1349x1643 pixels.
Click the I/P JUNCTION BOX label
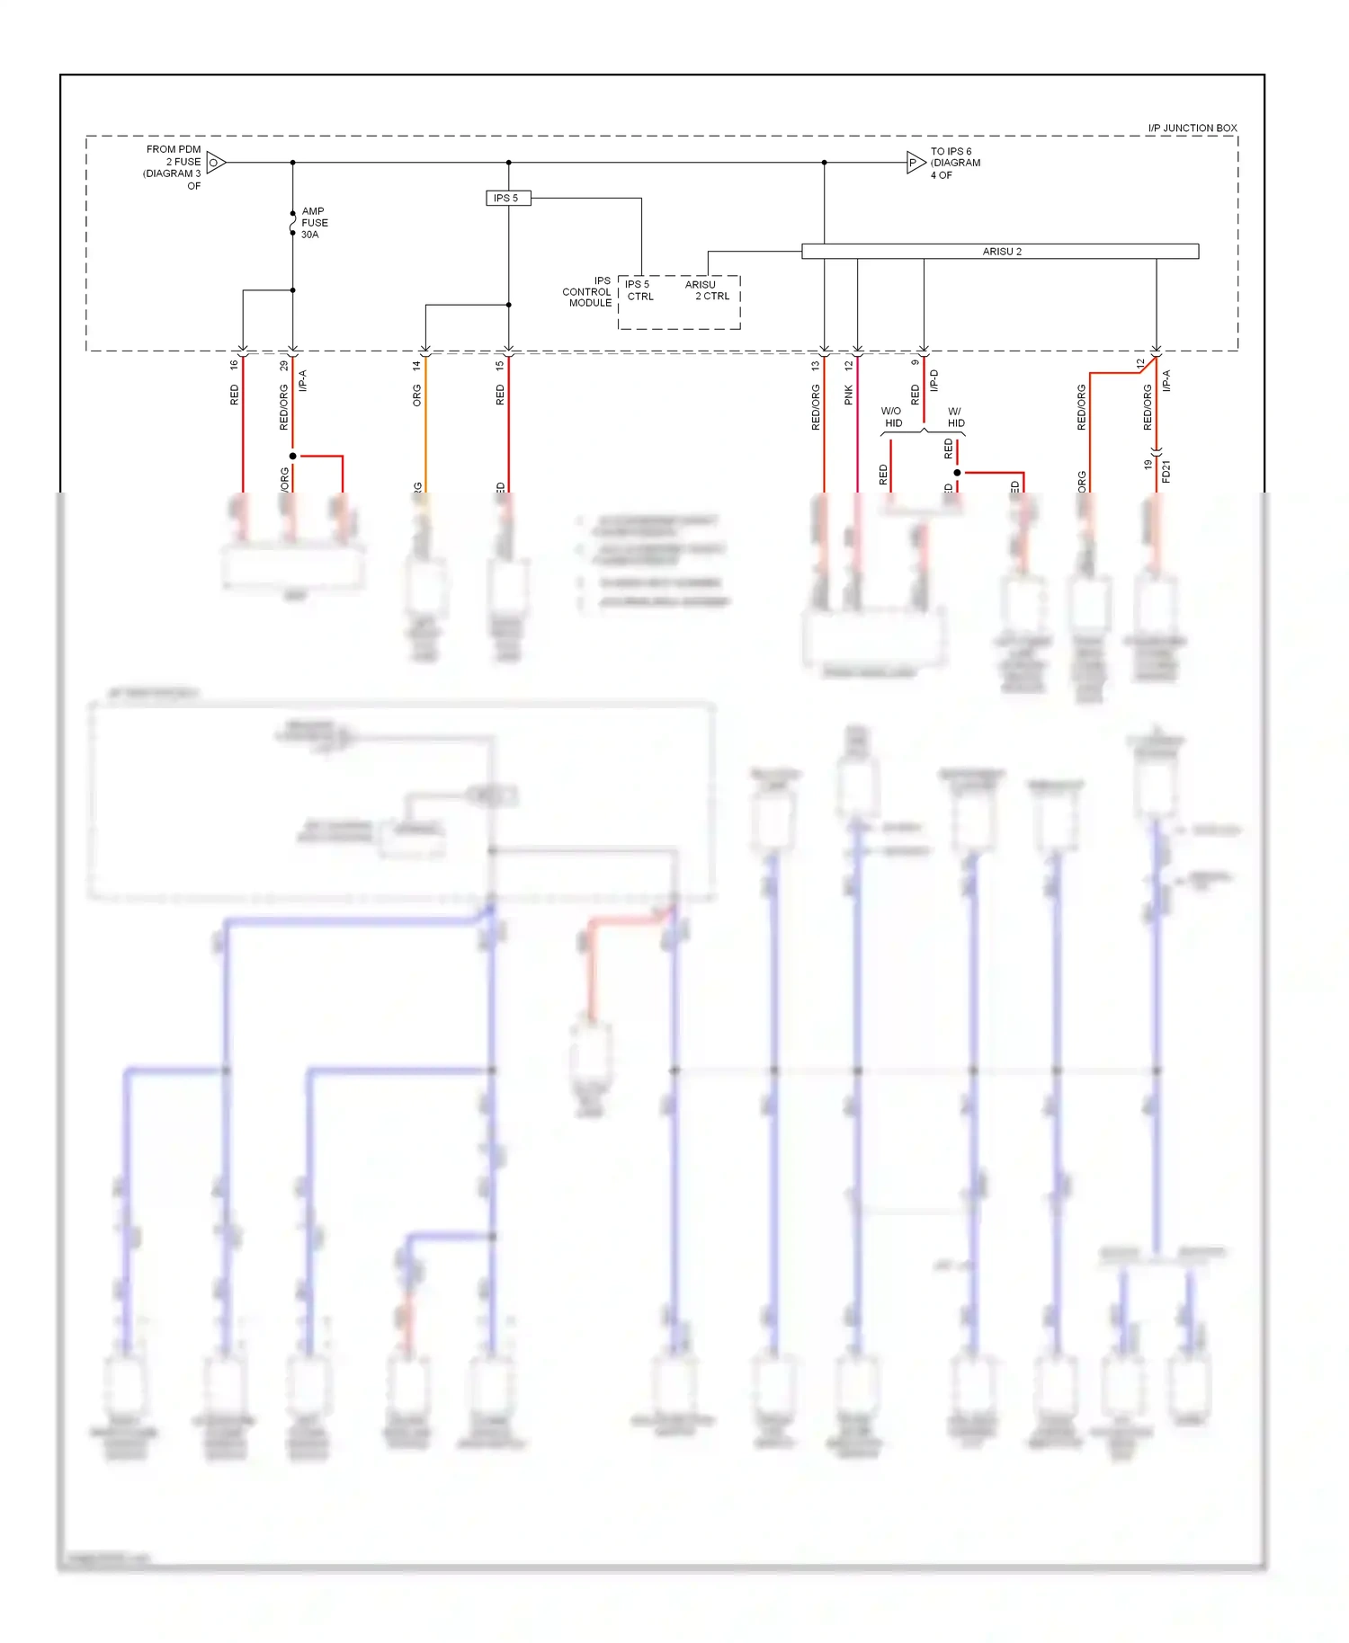click(1192, 128)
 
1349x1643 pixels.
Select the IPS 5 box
click(507, 198)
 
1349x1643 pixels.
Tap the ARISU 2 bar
click(1000, 252)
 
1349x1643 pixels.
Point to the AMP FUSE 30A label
click(314, 223)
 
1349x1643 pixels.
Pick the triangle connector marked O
click(215, 163)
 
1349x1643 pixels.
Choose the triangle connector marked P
click(915, 163)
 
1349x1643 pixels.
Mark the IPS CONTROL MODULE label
click(588, 292)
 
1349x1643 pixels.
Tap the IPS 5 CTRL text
click(639, 290)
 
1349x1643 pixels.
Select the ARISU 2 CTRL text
click(708, 290)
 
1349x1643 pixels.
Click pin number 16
click(234, 365)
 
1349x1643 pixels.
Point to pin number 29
click(284, 365)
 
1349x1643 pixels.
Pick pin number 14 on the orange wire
click(416, 366)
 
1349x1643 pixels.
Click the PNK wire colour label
click(848, 395)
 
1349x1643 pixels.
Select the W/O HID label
click(892, 417)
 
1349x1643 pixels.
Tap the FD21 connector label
click(1166, 471)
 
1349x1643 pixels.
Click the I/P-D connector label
click(934, 380)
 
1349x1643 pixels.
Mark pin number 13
click(816, 366)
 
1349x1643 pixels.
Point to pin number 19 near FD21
click(1148, 465)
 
